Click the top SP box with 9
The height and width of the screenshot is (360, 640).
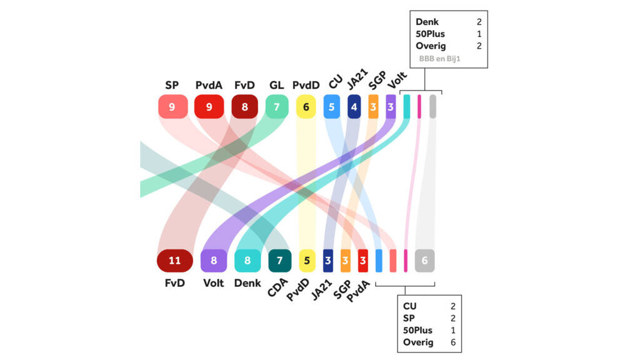[172, 106]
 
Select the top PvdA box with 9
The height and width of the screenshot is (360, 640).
[209, 106]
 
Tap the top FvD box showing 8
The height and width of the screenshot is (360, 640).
[244, 106]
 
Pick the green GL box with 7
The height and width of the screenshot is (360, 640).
[276, 106]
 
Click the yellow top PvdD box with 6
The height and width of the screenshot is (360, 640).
[306, 106]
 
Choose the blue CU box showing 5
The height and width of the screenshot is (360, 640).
[332, 106]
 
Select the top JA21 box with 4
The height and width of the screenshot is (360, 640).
[354, 106]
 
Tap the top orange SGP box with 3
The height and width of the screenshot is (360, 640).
[373, 106]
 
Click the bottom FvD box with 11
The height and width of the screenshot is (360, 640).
[175, 261]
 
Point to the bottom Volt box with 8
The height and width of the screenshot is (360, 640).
[214, 261]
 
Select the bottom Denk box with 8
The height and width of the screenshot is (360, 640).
[247, 261]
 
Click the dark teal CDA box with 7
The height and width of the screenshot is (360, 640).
[279, 261]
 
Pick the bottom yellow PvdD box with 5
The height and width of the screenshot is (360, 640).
[306, 261]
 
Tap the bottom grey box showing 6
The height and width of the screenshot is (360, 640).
[424, 261]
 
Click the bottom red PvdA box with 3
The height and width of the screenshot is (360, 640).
[362, 261]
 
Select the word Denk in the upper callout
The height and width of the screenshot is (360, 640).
[427, 22]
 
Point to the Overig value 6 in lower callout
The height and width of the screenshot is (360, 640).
[452, 342]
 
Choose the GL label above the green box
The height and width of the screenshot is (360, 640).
[276, 85]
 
